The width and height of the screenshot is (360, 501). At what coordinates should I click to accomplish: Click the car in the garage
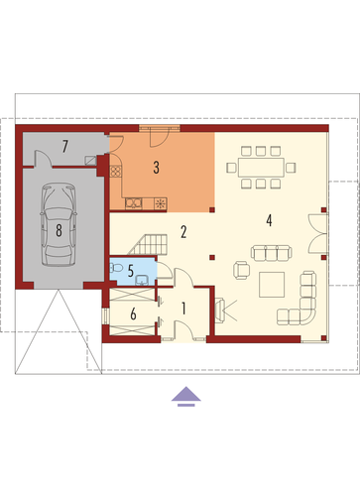click(59, 225)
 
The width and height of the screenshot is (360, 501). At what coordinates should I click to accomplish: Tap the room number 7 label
click(65, 147)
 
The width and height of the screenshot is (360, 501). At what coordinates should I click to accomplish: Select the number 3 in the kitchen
click(156, 168)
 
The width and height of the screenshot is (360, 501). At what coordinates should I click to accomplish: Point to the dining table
click(261, 168)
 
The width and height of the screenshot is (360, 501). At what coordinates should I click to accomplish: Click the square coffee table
click(272, 285)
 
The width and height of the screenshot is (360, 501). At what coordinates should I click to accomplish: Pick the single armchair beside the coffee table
click(242, 270)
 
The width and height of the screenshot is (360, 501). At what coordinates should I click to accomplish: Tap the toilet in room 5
click(115, 267)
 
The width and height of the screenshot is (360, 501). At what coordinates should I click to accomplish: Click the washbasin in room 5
click(142, 280)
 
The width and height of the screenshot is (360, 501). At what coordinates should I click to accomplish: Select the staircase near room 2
click(148, 244)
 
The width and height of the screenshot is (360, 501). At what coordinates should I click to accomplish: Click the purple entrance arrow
click(186, 396)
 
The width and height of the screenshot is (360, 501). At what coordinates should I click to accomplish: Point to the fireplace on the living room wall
click(220, 310)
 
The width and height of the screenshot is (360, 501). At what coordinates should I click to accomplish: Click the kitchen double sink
click(134, 203)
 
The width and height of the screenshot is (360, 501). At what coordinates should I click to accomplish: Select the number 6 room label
click(133, 313)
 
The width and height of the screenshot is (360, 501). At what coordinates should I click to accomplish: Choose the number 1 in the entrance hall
click(183, 309)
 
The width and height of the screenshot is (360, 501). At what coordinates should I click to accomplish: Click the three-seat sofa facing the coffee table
click(272, 253)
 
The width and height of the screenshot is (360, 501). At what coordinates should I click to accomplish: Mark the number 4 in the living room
click(269, 220)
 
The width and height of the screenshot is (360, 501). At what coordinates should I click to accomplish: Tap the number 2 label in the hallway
click(183, 232)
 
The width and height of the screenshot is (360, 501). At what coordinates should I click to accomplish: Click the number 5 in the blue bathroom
click(131, 271)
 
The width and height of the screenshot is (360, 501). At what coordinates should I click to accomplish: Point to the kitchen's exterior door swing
click(160, 139)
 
